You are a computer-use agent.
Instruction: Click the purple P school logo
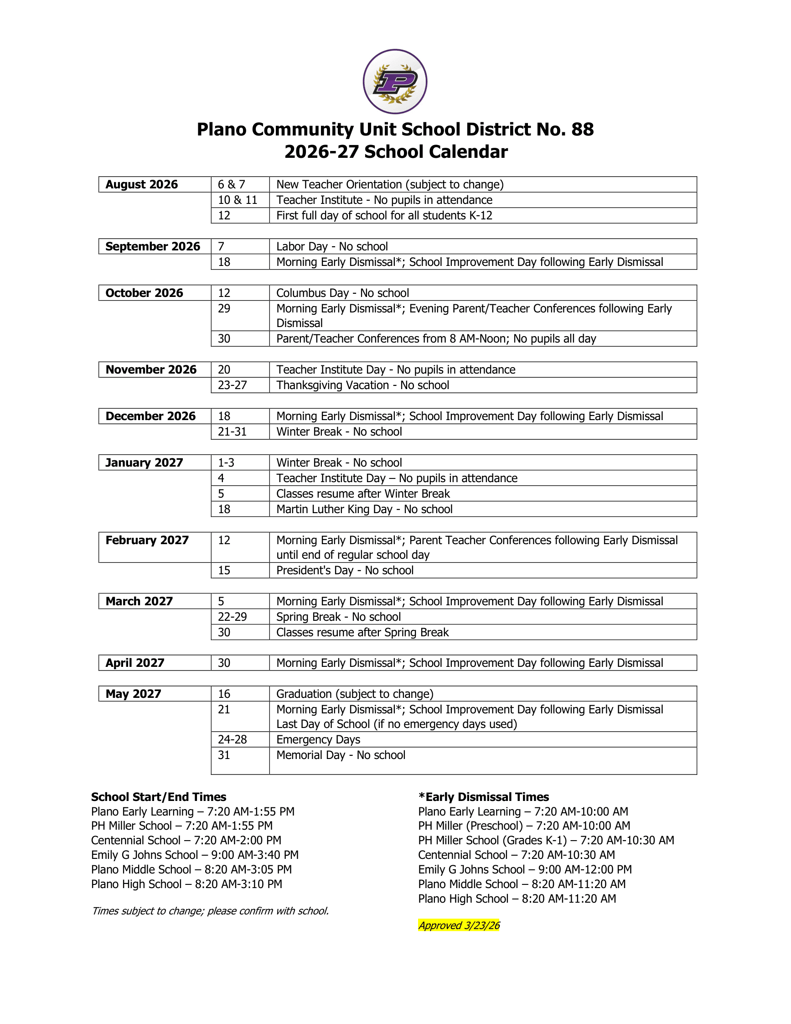395,82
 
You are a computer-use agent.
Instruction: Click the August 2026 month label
141,184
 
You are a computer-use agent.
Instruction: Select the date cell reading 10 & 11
238,200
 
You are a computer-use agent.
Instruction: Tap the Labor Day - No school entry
332,246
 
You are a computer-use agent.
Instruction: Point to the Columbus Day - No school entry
342,292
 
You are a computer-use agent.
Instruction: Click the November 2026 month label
151,369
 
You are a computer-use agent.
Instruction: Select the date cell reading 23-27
233,385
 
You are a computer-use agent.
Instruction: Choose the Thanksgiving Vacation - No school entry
362,385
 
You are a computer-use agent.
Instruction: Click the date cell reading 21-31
233,431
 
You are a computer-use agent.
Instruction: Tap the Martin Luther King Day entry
364,509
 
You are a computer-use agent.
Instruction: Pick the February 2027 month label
147,540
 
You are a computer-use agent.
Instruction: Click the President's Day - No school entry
345,570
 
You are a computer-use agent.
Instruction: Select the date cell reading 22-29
233,617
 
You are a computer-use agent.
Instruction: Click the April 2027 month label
135,662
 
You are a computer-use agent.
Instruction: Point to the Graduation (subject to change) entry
355,693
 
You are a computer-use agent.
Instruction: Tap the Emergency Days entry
318,739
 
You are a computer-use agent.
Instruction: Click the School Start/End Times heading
158,796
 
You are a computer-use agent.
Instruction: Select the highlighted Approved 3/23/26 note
459,925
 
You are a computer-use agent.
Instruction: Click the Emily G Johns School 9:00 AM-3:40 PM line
195,855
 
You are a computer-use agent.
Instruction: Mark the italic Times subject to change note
210,910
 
